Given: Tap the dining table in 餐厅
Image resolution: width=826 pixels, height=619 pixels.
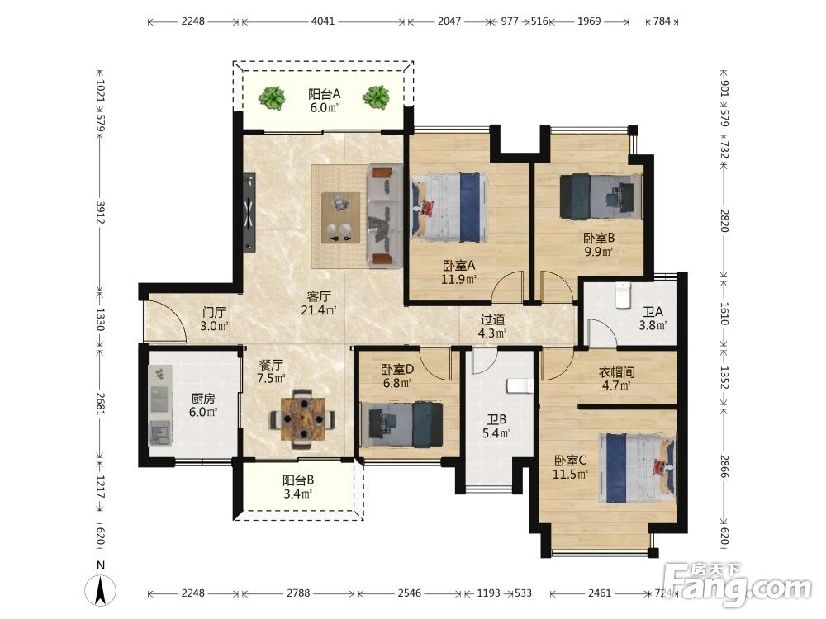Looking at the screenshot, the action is coord(303,419).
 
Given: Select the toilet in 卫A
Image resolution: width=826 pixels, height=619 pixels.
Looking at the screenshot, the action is coord(623,295).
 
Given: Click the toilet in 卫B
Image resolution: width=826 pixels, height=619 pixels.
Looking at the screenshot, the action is coord(520,386).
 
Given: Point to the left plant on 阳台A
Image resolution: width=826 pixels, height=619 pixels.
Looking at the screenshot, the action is coord(272,98).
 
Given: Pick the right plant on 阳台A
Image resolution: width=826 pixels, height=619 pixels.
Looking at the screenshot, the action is coord(376,98).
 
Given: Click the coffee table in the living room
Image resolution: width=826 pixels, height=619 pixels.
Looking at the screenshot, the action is coord(341,218).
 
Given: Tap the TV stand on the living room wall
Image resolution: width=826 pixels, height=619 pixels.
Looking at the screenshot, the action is coord(249,212).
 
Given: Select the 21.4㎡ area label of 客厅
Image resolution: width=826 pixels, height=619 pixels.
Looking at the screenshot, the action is coord(319,310).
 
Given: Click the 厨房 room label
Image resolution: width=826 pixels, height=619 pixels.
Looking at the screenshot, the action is coord(203,399).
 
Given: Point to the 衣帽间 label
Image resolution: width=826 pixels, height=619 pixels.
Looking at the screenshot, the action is coord(616,372).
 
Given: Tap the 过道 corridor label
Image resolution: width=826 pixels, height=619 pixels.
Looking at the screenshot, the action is coord(492,319).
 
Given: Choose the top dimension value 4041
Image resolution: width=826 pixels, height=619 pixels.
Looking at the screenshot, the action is coord(322,21).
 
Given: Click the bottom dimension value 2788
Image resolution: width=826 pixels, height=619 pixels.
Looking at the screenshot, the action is coord(298,593).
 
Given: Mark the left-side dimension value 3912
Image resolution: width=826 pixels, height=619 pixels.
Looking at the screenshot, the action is coord(100,212).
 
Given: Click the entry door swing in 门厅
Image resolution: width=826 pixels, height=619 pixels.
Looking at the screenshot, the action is coord(166,319).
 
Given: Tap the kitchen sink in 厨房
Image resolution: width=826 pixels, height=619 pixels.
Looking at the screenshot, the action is coord(159,434).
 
